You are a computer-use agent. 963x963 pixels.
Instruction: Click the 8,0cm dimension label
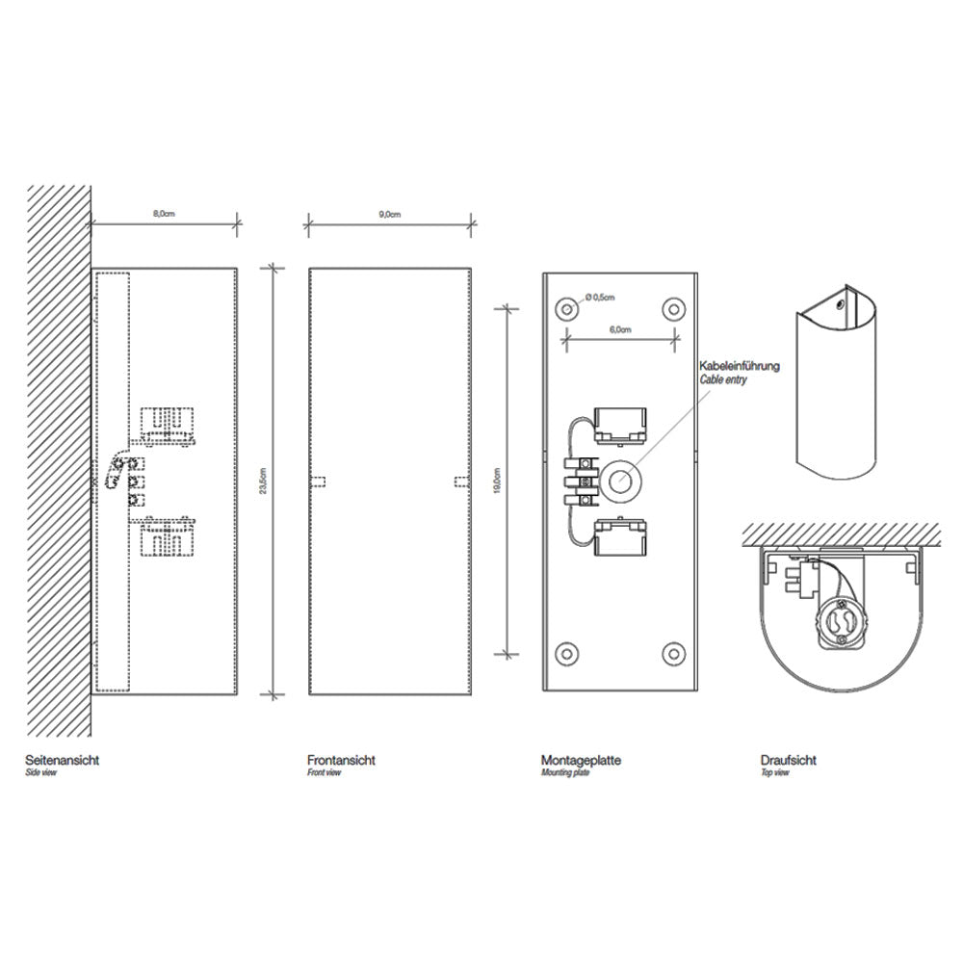[164, 214]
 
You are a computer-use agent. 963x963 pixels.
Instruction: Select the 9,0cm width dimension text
[389, 215]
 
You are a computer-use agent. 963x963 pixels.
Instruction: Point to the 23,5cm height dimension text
[264, 481]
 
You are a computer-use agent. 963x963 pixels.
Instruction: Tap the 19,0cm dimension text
[497, 481]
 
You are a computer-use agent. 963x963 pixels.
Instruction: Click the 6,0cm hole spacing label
[620, 329]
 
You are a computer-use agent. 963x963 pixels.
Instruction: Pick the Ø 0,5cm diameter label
[600, 298]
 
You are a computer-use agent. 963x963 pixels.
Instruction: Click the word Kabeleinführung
[740, 366]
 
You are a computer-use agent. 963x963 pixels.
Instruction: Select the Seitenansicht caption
[62, 760]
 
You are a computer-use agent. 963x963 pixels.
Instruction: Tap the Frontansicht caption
[341, 760]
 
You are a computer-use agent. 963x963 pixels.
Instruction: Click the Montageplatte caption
[581, 760]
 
